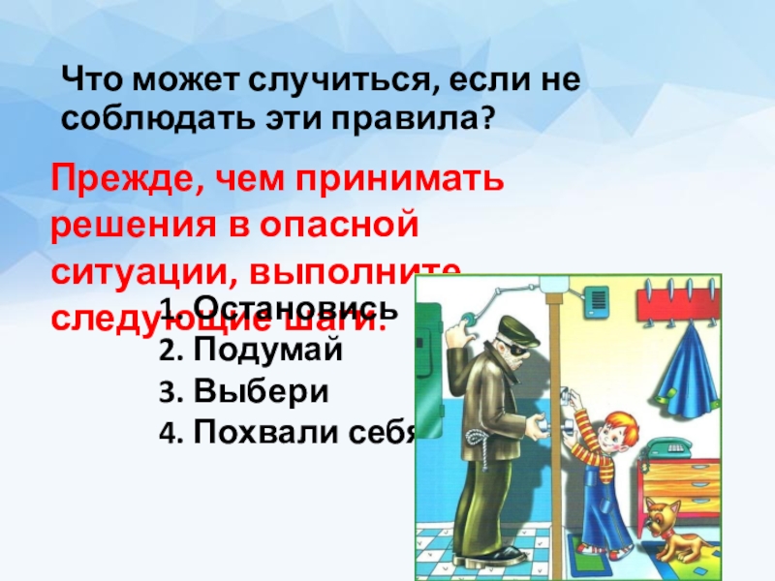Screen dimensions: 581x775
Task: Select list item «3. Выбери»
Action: click(243, 392)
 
